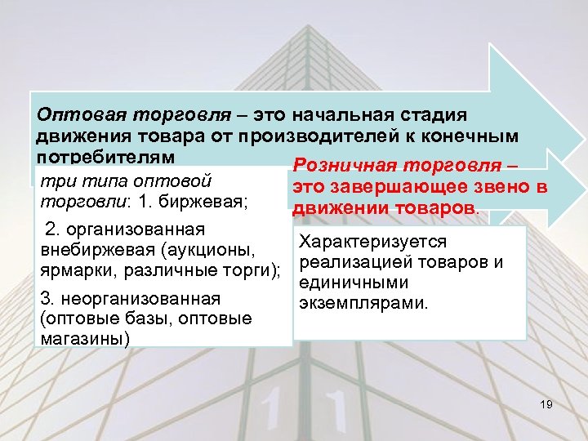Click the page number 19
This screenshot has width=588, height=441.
tap(546, 405)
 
